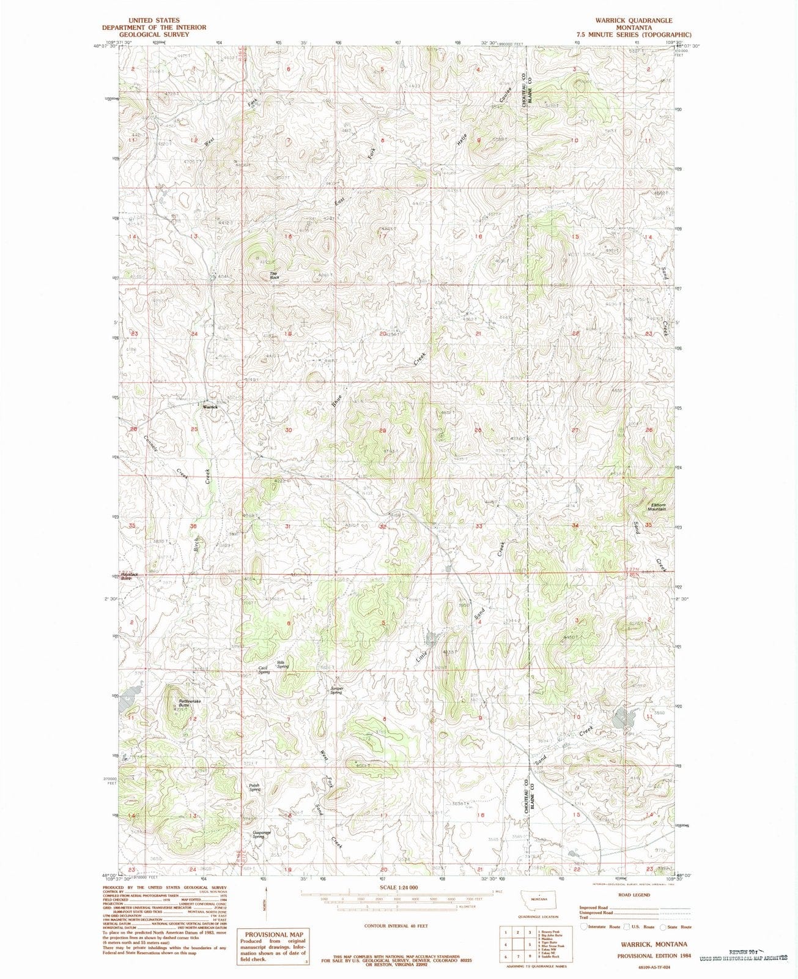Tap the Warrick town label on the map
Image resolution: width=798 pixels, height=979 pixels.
[210, 407]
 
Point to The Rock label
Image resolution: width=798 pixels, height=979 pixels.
[274, 276]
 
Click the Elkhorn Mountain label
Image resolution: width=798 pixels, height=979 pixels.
[657, 507]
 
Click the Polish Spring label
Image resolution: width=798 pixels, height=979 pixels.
[254, 787]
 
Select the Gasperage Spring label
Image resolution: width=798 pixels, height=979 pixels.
[262, 834]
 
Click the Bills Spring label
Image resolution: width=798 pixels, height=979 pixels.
[283, 663]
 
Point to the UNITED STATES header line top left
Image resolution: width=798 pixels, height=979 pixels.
[153, 20]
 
